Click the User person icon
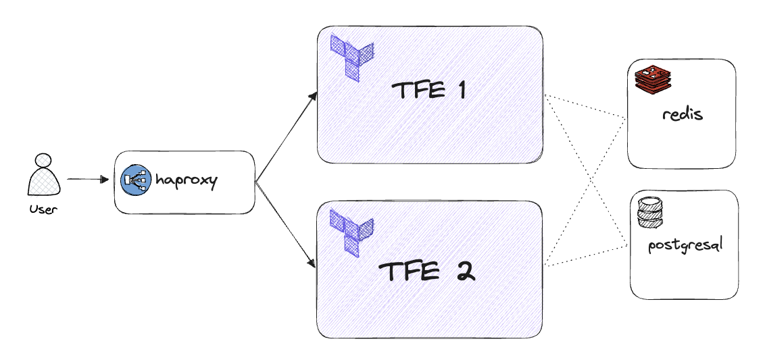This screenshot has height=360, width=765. click(44, 177)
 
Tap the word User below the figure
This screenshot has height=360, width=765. click(44, 209)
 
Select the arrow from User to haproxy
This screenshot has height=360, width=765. click(87, 180)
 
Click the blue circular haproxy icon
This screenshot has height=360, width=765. click(135, 181)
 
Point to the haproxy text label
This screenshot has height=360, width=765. click(187, 181)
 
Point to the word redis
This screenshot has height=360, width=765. click(683, 113)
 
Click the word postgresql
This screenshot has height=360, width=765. click(685, 245)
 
